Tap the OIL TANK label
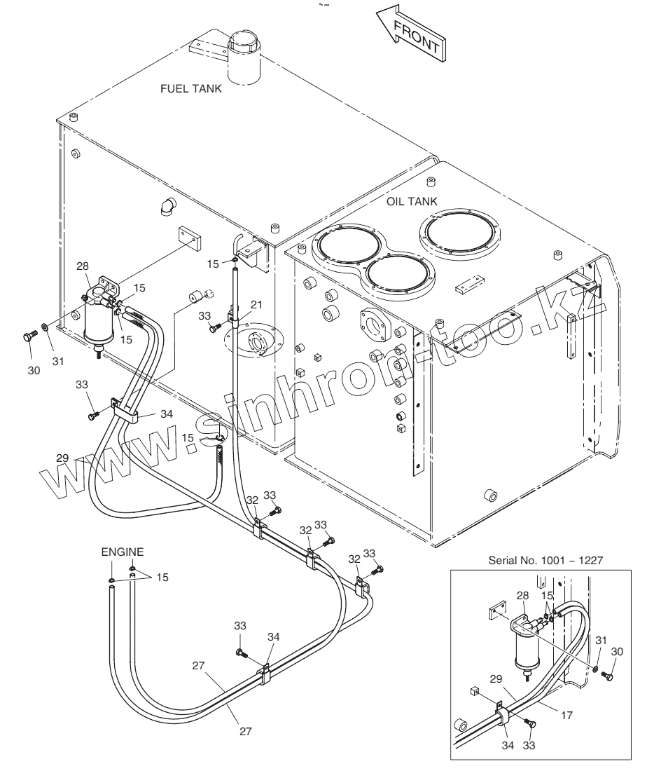point(412,201)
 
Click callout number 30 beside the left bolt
point(34,352)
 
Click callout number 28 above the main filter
point(83,267)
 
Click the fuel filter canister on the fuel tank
point(97,327)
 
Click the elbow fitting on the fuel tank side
point(167,205)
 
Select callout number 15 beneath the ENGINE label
point(162,577)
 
